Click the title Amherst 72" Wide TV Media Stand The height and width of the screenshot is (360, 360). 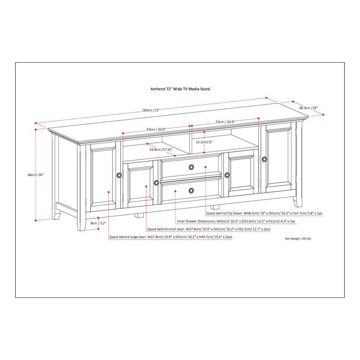pos(180,89)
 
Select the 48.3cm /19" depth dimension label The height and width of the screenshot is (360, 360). pos(309,108)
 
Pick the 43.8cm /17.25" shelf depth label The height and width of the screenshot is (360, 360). pos(161,149)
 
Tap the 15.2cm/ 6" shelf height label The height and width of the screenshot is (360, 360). pos(204,142)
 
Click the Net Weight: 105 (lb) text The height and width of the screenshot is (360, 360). pos(298,238)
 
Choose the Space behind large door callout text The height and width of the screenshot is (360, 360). pos(170,237)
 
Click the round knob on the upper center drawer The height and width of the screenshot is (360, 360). pos(192,167)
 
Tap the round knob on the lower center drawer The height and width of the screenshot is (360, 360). pos(192,190)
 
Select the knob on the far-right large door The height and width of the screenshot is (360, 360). pos(264,159)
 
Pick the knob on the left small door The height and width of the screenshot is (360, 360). pos(156,182)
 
